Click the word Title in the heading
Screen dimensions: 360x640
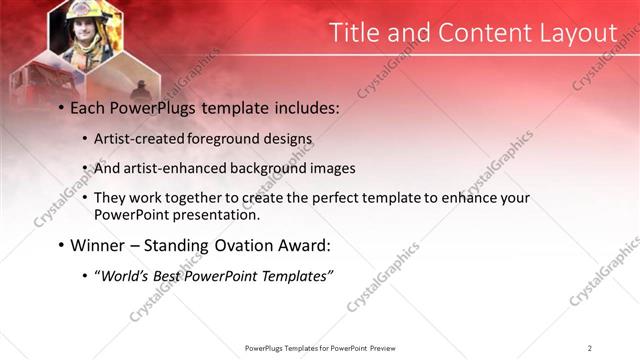(x=356, y=33)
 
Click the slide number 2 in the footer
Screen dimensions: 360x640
(x=589, y=348)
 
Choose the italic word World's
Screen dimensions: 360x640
(x=121, y=276)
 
